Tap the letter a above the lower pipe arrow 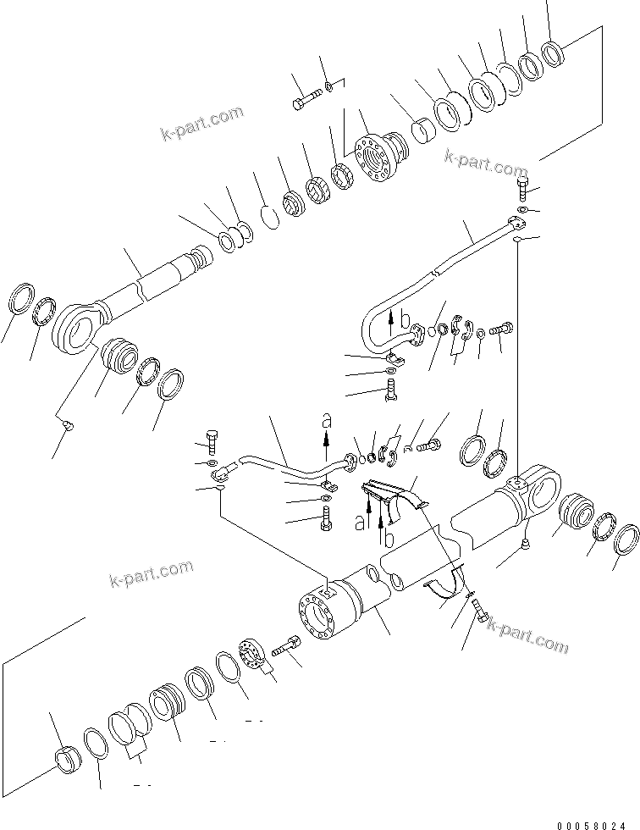(327, 419)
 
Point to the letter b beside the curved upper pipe (405, 318)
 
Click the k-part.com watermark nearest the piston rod (202, 124)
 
